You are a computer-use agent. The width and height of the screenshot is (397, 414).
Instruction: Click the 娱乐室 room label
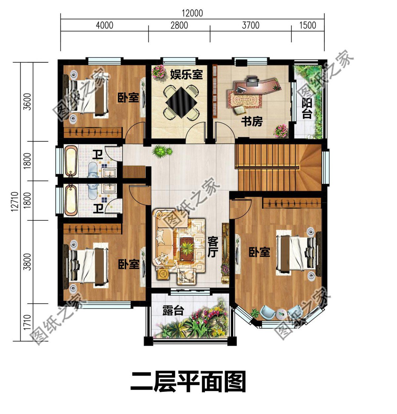point(186,74)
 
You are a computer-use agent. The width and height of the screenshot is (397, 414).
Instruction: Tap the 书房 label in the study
point(252,122)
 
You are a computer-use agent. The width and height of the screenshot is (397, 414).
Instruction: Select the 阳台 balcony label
point(307,108)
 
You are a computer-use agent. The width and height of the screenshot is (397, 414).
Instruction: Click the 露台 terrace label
point(173,311)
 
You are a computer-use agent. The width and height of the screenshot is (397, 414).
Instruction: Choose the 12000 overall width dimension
point(192,13)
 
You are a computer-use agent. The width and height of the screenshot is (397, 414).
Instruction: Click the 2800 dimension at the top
point(179,25)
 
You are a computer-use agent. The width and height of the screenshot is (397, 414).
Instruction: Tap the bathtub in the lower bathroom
point(70,200)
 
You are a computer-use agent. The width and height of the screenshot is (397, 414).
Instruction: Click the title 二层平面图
point(188,382)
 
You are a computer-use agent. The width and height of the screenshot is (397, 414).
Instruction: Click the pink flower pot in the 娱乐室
point(159,71)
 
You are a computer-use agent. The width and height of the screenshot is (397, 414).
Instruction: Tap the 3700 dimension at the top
point(250,25)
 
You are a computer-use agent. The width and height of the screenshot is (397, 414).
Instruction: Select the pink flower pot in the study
point(281,131)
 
